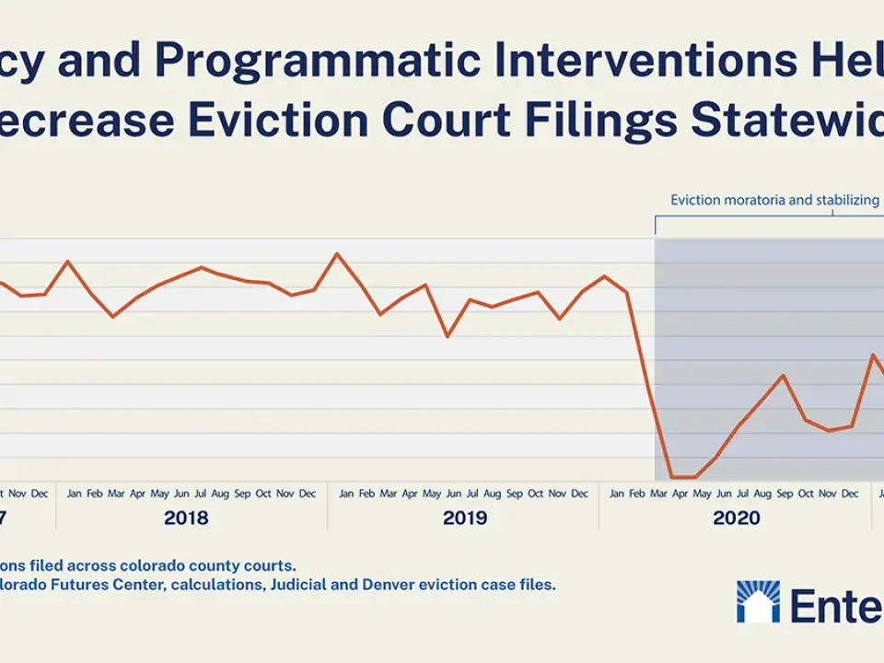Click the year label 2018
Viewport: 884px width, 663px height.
click(186, 518)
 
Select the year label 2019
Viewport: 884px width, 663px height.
click(465, 518)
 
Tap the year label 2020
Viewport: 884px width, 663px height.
click(737, 518)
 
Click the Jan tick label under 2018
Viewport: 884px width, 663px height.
click(74, 494)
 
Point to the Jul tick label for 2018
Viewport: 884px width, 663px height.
click(199, 494)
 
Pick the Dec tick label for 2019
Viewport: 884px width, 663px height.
click(579, 494)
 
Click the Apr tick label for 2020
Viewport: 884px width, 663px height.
click(680, 494)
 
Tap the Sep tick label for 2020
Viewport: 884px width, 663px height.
click(785, 494)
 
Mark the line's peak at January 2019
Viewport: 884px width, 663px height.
click(337, 253)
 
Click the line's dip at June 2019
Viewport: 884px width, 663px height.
click(448, 336)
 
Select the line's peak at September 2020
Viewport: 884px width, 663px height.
click(784, 376)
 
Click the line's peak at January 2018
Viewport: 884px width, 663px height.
click(68, 262)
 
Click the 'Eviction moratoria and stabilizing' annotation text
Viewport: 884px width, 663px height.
click(773, 200)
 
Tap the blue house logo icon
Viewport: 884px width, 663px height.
click(758, 601)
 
